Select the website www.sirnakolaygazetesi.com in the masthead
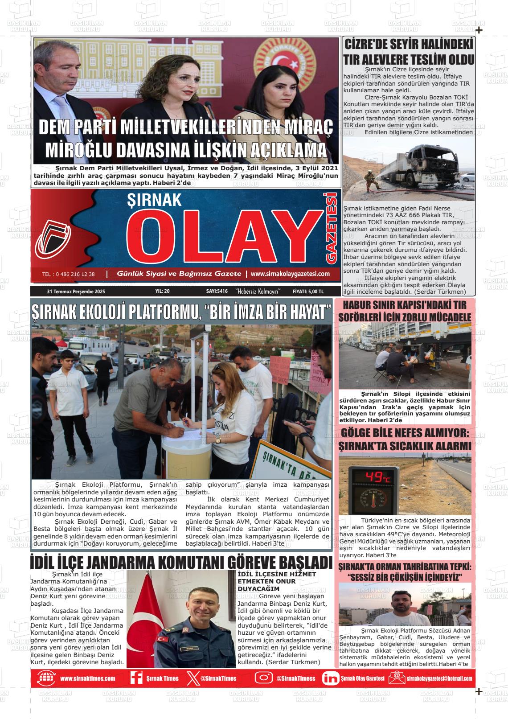(x=290, y=274)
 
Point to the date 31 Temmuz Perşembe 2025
(x=76, y=292)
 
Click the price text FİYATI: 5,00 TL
(x=308, y=292)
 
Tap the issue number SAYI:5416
(x=217, y=292)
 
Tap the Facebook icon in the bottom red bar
(x=136, y=678)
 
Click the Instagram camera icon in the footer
(x=263, y=678)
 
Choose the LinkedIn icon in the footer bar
(x=330, y=678)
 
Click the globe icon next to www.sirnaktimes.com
(x=46, y=678)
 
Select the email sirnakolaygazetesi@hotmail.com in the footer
(x=439, y=678)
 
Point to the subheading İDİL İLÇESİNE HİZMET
(x=277, y=574)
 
